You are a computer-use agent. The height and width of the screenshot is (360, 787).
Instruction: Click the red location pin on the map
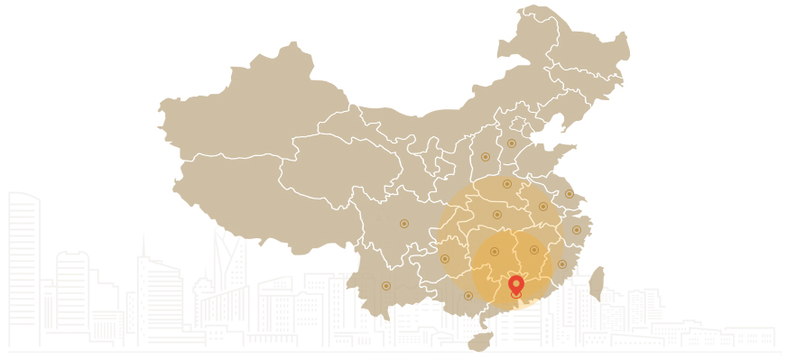[516, 283]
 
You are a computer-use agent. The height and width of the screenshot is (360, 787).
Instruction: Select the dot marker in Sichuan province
[404, 224]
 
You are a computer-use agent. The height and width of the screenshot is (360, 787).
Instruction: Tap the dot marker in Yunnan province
[386, 286]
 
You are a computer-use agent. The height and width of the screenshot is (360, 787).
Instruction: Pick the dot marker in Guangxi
[468, 295]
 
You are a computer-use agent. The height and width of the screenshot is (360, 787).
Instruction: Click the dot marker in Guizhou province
[445, 259]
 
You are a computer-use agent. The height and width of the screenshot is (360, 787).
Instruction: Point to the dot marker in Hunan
[494, 252]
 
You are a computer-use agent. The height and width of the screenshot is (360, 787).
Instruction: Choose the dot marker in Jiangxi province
[534, 250]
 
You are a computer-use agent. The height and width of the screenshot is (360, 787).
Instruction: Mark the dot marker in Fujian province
[562, 264]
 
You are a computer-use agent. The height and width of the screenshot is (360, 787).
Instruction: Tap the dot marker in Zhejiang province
[577, 230]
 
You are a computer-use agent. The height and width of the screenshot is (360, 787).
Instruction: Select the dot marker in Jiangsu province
[569, 194]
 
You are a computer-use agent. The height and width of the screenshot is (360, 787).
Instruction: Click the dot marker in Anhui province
[543, 207]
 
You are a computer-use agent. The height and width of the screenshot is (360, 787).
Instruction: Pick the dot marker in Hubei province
[497, 215]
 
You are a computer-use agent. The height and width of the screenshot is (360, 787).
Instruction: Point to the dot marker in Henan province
[507, 184]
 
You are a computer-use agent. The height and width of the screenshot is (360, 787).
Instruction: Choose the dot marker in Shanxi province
[486, 157]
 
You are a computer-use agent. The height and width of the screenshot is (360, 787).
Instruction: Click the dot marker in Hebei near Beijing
[511, 143]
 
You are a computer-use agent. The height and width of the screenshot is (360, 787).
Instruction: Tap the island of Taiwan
[596, 282]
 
